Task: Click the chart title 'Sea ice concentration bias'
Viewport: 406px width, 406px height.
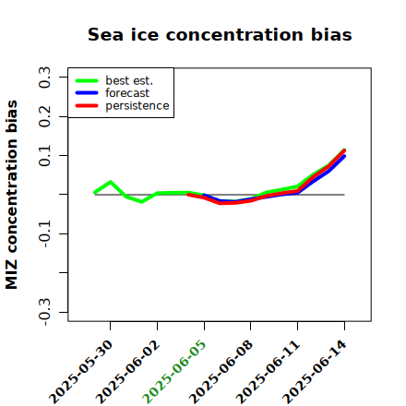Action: pos(220,34)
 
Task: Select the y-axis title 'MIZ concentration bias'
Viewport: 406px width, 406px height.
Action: pos(12,195)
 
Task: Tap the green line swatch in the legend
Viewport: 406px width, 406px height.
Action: pos(87,80)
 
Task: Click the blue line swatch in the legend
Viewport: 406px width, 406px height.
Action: pos(87,93)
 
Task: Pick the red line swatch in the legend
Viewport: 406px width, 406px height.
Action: pos(87,106)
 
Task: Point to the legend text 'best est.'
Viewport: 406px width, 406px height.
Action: pos(129,80)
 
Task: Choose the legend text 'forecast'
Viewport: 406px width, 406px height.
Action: pos(127,93)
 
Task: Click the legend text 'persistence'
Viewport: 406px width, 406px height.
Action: pos(137,106)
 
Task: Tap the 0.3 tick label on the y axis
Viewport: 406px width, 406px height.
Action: pos(44,78)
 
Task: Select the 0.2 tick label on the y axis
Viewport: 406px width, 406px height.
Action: pos(44,116)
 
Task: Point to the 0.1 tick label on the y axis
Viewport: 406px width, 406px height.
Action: pos(44,156)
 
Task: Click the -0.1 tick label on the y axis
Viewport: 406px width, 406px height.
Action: pos(44,233)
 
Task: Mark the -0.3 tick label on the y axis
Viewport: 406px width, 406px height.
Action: pos(44,312)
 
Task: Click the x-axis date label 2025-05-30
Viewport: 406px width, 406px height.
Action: pos(80,372)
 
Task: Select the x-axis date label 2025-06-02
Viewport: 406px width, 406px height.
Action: pos(127,372)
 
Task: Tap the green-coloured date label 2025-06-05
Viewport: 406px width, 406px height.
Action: pos(174,372)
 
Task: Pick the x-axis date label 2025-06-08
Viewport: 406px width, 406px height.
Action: pos(221,372)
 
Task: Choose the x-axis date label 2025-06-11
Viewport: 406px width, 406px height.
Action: pos(268,372)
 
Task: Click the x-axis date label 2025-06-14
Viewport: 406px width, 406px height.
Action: pos(315,372)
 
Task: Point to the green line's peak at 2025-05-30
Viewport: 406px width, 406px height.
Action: pos(110,182)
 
